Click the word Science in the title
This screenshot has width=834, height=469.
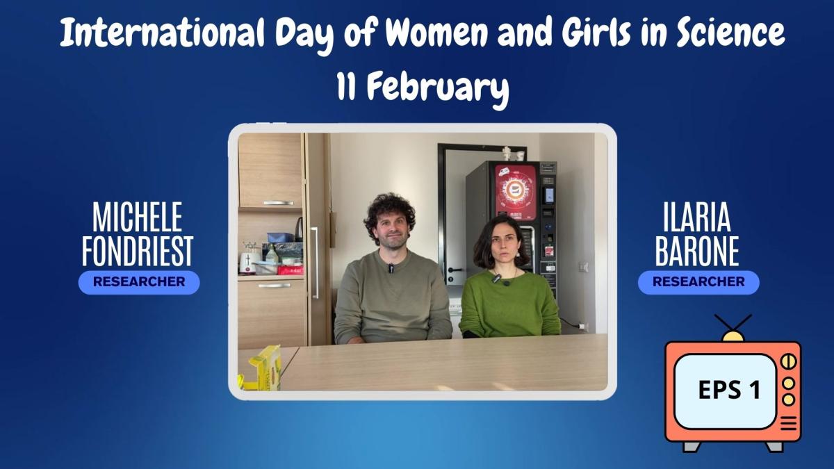coord(730,33)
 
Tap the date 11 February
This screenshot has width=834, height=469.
coord(423,87)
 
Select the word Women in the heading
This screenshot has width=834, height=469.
coord(436,33)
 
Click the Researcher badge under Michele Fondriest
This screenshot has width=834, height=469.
coord(139,282)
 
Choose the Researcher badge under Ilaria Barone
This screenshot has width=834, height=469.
coord(698,282)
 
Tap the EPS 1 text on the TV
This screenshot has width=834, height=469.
coord(729,390)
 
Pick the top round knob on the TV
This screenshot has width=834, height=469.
coord(789,361)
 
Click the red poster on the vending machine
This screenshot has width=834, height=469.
coord(516,192)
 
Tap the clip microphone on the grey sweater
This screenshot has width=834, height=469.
coord(391,268)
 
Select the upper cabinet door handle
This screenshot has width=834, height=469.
coord(278,203)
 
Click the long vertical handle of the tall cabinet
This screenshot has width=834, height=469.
coord(315,263)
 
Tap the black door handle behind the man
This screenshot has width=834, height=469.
coord(455,270)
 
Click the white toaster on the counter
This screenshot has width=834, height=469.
coord(247,263)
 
